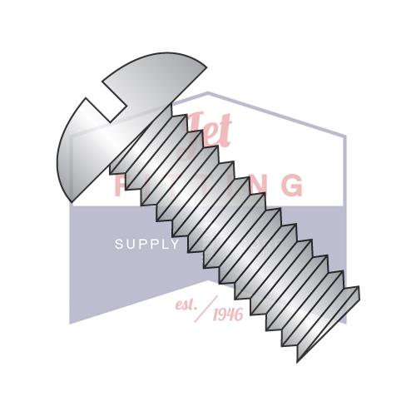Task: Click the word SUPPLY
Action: (146, 245)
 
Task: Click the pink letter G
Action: (291, 185)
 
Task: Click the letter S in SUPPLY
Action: (117, 245)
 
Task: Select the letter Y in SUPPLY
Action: (175, 245)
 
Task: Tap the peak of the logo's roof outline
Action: (208, 93)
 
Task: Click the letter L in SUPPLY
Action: (164, 245)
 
